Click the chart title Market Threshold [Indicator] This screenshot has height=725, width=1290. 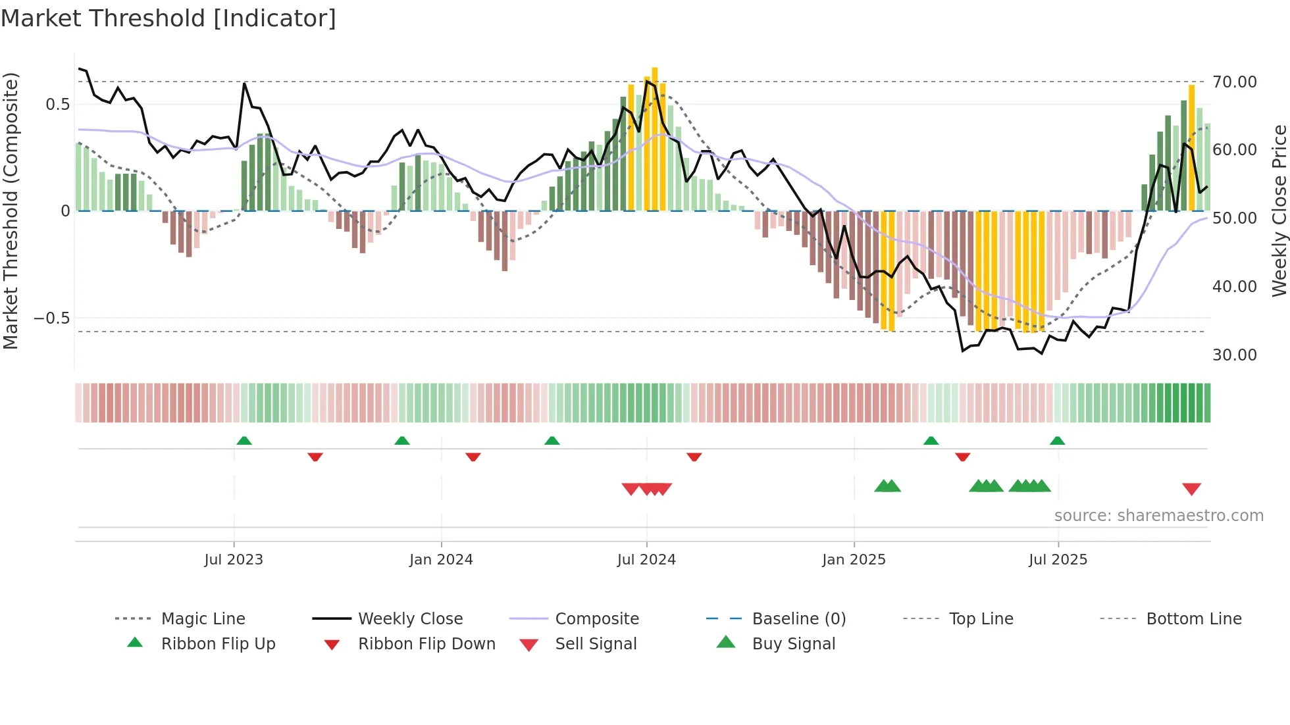pos(168,18)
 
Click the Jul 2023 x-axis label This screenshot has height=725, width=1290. pos(234,559)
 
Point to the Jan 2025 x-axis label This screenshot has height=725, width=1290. pos(854,559)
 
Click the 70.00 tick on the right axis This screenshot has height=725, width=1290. pos(1235,82)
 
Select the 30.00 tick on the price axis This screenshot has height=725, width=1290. pos(1235,355)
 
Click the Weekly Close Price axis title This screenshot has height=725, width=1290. pos(1279,211)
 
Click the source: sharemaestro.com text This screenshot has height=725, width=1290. pos(1158,515)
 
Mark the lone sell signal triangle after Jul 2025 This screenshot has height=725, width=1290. pos(1191,489)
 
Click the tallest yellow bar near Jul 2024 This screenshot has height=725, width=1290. pos(654,138)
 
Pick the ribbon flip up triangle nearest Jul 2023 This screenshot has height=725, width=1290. pos(244,440)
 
